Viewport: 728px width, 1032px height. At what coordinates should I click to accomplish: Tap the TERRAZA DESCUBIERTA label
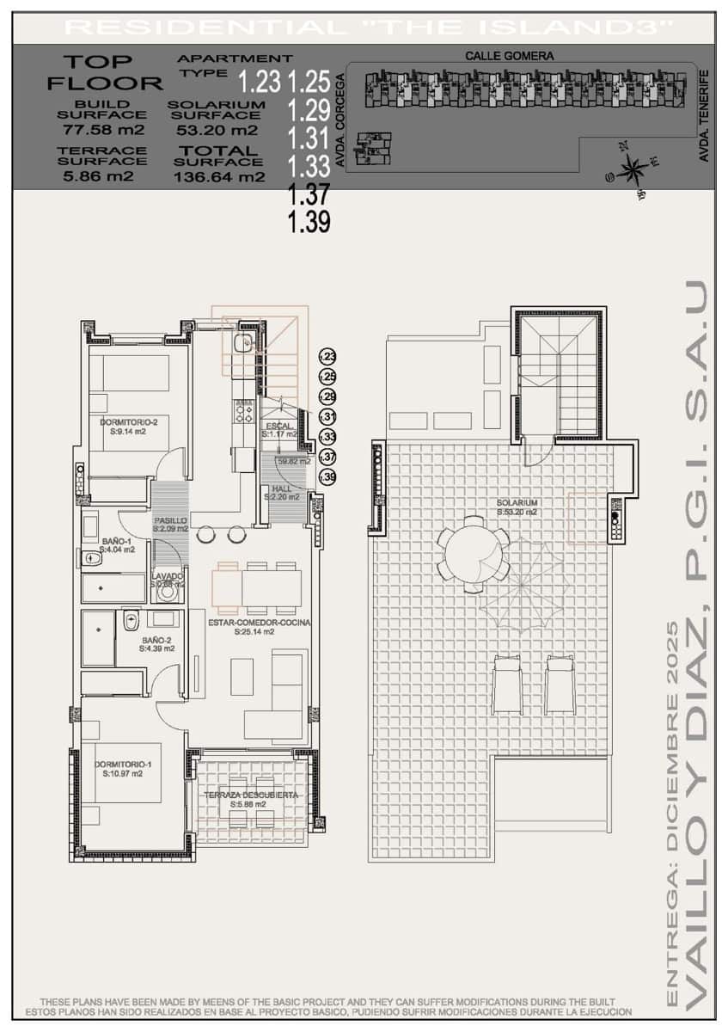(x=251, y=795)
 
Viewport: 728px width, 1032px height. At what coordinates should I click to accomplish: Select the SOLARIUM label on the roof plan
(x=517, y=503)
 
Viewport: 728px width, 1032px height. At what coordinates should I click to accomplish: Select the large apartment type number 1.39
(x=309, y=222)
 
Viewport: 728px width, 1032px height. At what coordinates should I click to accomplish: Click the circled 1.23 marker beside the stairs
(x=327, y=357)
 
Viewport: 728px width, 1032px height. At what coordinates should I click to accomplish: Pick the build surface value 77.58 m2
(x=103, y=131)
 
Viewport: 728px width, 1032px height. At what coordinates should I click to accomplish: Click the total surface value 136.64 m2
(x=219, y=177)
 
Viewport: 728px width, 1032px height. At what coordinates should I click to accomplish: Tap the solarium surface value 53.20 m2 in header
(x=216, y=131)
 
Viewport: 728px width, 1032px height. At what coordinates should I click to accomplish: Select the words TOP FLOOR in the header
(x=104, y=72)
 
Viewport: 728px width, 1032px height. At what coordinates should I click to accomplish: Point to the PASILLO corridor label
(x=170, y=521)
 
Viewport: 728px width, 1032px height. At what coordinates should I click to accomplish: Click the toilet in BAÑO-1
(x=91, y=559)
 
